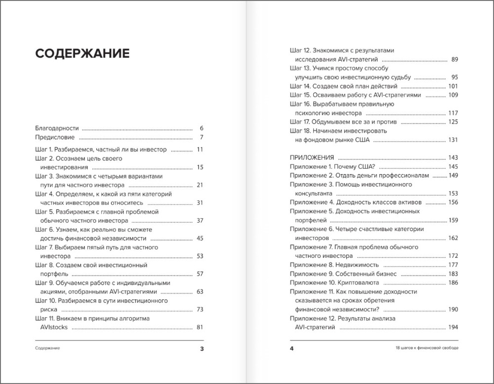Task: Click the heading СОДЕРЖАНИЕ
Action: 82,54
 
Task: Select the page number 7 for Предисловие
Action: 202,137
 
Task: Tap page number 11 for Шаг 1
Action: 200,149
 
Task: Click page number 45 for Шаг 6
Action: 200,238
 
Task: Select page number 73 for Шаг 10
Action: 200,309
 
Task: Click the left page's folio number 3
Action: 202,348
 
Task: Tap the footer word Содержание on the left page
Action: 47,348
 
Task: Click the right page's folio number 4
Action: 291,348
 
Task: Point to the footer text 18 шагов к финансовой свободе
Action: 423,348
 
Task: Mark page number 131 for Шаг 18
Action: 453,140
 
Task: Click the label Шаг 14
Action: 300,86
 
